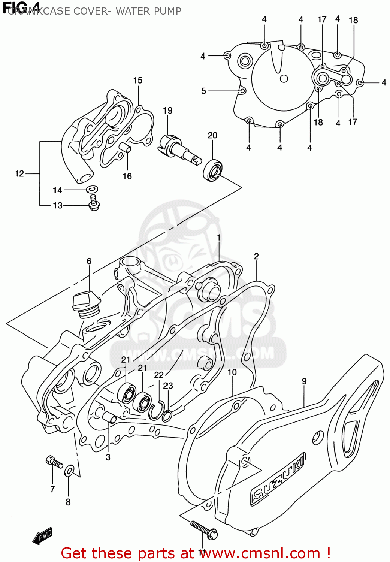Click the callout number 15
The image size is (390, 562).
coord(138,81)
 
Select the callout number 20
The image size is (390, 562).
coord(212,135)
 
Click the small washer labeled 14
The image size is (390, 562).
coord(92,189)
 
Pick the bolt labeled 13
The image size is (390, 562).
coord(93,202)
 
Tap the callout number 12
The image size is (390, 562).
coord(19,173)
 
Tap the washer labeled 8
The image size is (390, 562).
coord(69,471)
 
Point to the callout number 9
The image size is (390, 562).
coord(304,381)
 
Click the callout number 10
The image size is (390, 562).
coord(232,372)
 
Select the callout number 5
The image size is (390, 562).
coord(203,91)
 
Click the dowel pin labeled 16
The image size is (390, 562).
coord(126,149)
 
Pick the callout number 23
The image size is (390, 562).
coord(168,386)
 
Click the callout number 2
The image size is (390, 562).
coord(256,256)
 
